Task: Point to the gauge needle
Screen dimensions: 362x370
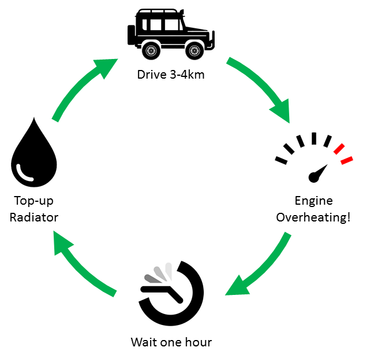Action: point(318,172)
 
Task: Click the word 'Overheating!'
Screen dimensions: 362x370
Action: point(313,217)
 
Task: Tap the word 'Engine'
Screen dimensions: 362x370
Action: point(313,201)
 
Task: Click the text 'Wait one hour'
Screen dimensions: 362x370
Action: point(171,342)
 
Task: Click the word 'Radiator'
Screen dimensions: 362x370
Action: point(34,217)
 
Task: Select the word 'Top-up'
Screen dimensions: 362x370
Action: point(34,201)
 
